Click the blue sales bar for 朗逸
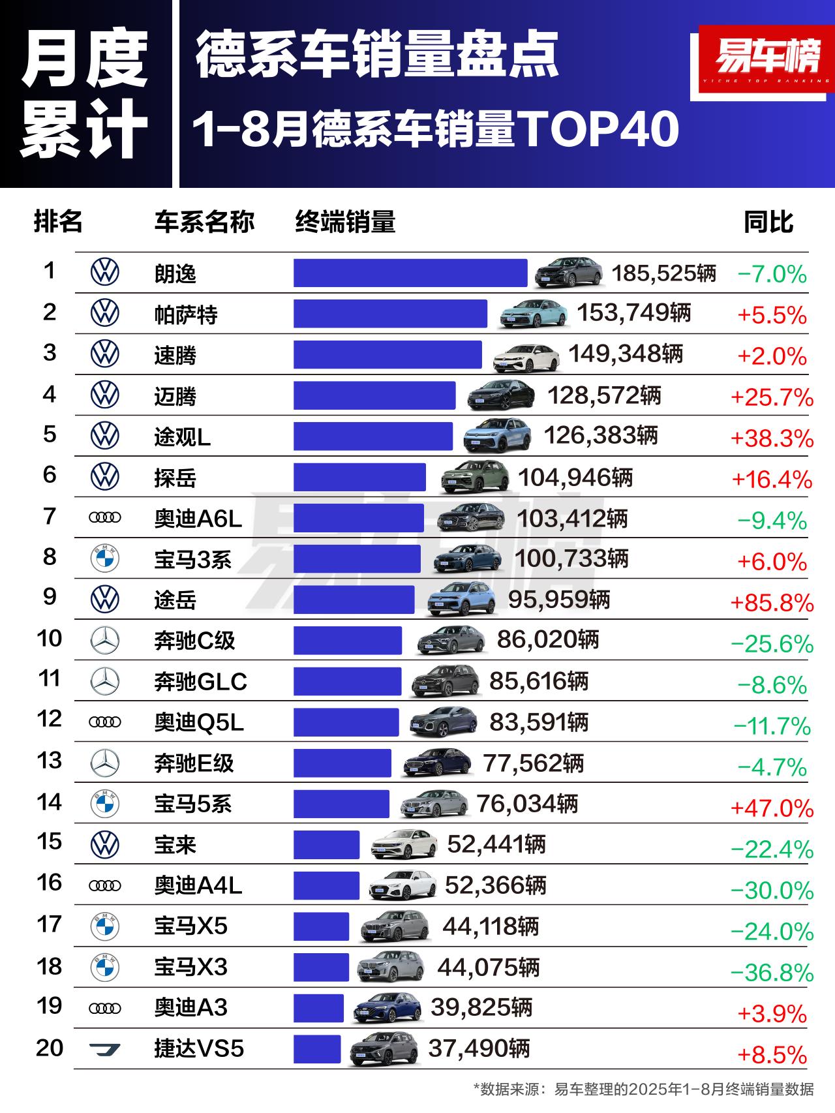[x=410, y=273]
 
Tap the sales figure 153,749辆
[x=633, y=313]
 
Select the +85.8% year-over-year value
[x=772, y=602]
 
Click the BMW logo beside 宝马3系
[x=104, y=559]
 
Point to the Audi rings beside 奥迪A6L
[x=104, y=518]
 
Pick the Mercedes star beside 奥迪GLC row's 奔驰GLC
[x=104, y=682]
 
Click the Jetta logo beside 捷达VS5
[x=104, y=1049]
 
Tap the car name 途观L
[x=182, y=437]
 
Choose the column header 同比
[x=768, y=222]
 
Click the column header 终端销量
[x=345, y=222]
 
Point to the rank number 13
[x=50, y=761]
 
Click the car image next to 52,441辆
[x=404, y=844]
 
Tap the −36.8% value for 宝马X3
[x=772, y=973]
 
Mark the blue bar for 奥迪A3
[x=318, y=1008]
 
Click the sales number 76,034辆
[x=527, y=804]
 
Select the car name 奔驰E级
[x=194, y=763]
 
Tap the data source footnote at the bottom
[x=643, y=1089]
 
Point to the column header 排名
[x=58, y=222]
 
